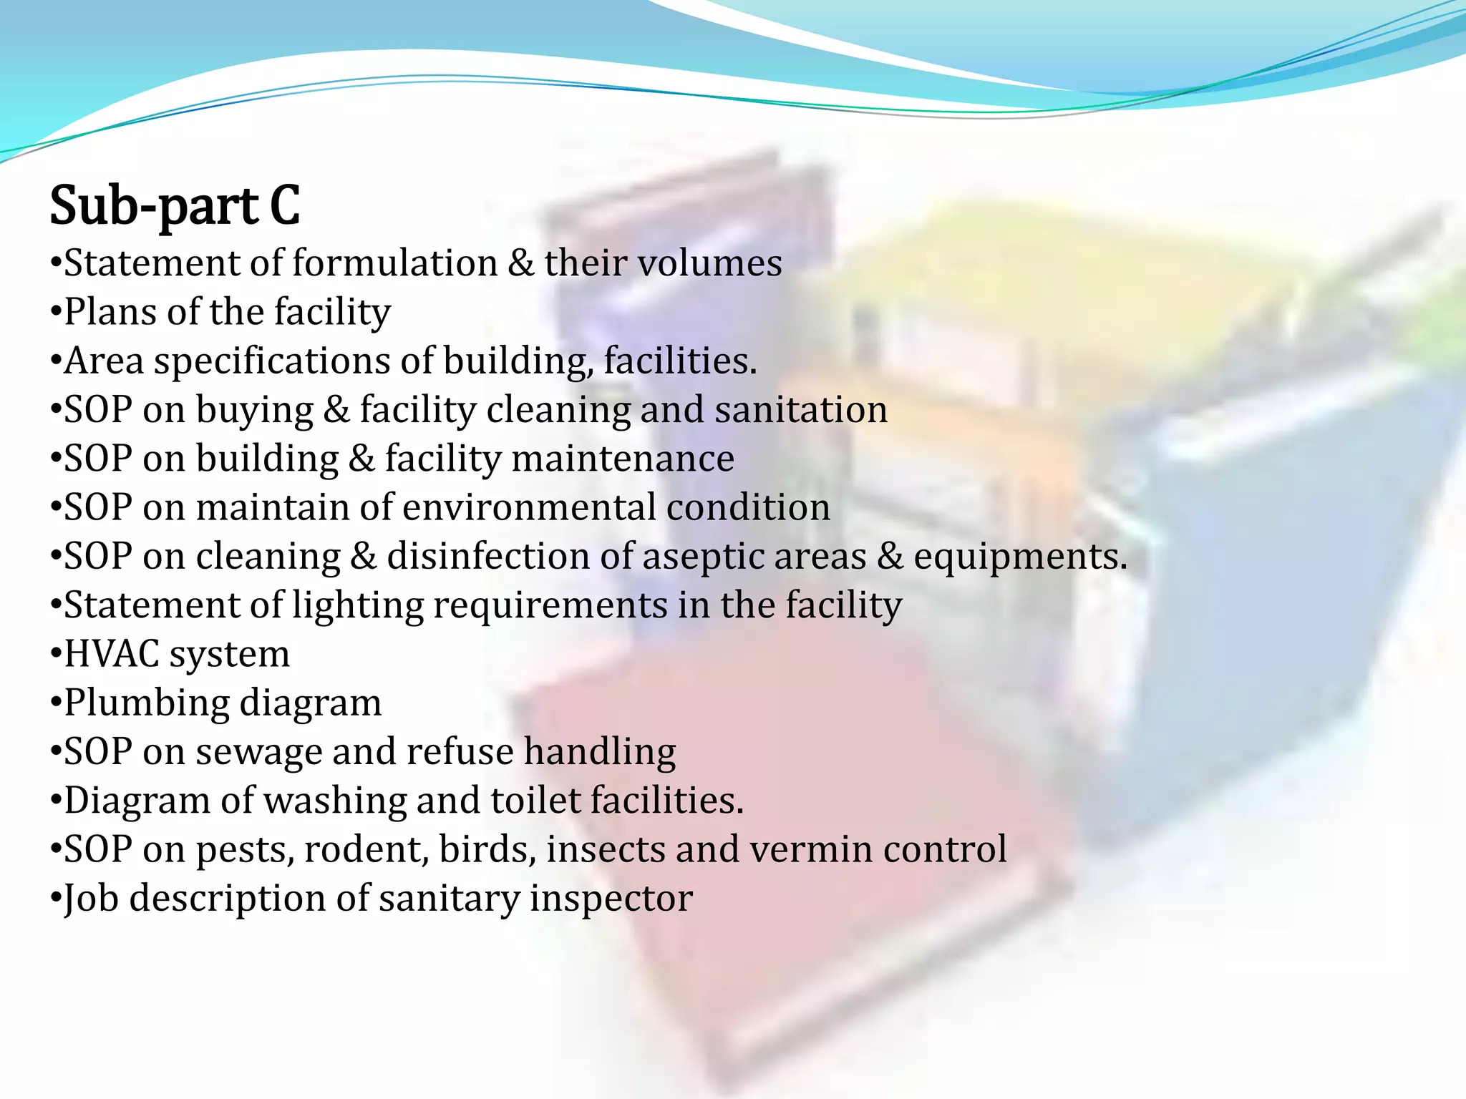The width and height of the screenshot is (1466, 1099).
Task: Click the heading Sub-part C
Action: coord(175,205)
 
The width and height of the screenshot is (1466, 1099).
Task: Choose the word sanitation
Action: coord(800,410)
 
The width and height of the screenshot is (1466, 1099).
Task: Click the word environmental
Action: coord(529,507)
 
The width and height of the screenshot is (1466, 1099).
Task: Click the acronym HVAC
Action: coord(112,654)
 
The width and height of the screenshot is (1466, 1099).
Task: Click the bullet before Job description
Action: coord(56,898)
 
